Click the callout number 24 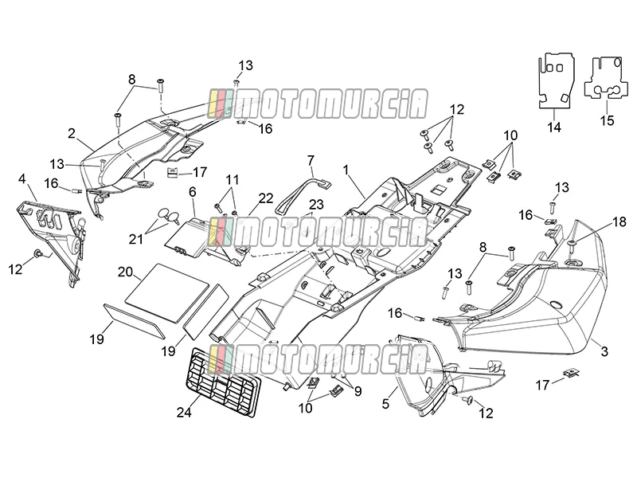[184, 413]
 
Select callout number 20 [125, 272]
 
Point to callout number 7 [311, 161]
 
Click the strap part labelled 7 [303, 194]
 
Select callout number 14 [553, 127]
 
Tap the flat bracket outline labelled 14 [557, 81]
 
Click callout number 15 [608, 121]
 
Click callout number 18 [619, 222]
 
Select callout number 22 [266, 198]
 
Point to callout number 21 [136, 239]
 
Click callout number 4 [22, 178]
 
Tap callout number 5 [385, 404]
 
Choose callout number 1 [346, 170]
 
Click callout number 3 [604, 351]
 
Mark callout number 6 [192, 191]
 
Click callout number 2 [72, 133]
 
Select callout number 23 [316, 205]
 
